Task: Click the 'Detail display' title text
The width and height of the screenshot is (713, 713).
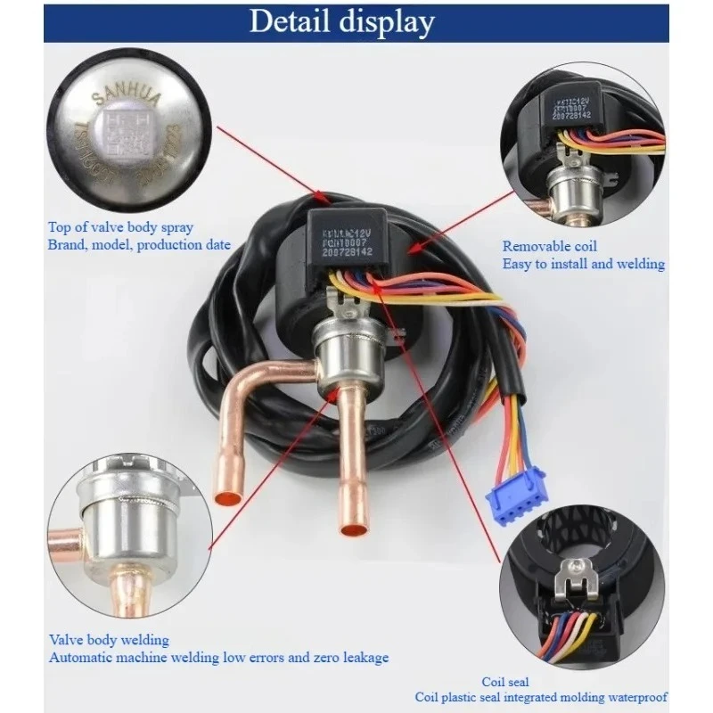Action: (x=342, y=20)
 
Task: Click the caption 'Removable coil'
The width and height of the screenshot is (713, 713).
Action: (x=550, y=247)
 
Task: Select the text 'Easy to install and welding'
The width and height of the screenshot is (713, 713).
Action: (x=583, y=264)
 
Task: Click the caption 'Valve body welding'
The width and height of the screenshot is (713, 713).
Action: (x=109, y=640)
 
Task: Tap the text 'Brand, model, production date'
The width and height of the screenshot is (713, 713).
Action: (x=141, y=245)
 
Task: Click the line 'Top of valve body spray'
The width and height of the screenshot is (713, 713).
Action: (x=122, y=227)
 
